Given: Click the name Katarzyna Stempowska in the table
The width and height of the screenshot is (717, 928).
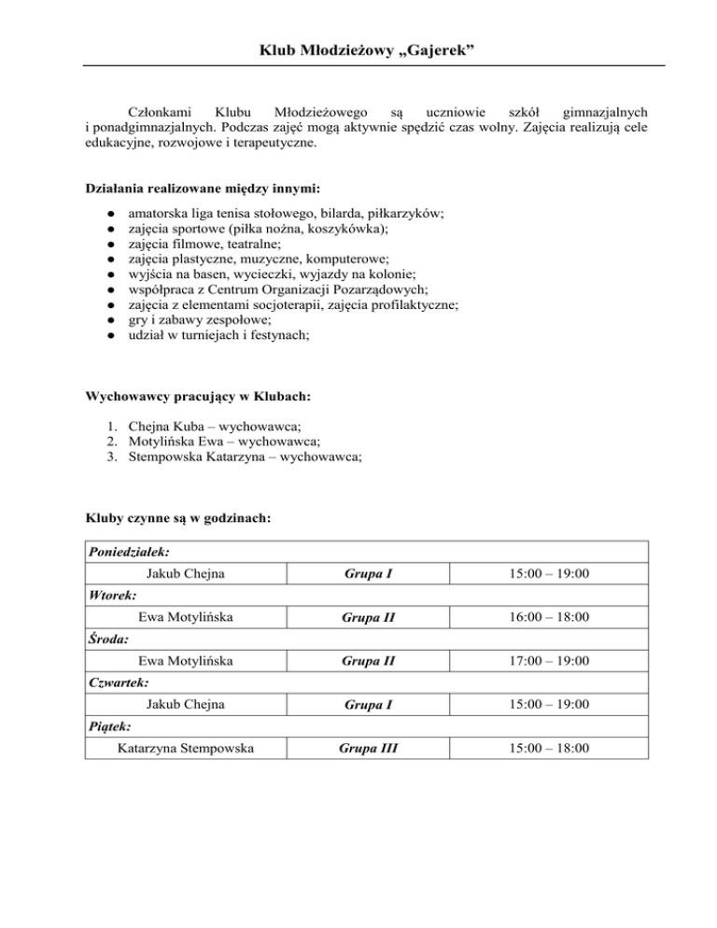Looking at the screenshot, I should coord(186,749).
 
